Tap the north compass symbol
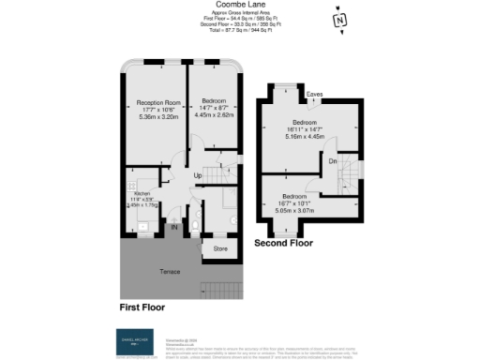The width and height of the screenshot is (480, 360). (338, 20)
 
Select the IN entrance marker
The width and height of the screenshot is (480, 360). (173, 226)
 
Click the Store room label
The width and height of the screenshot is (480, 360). (220, 249)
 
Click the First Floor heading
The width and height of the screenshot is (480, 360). (147, 307)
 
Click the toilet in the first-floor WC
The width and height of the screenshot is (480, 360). (195, 225)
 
